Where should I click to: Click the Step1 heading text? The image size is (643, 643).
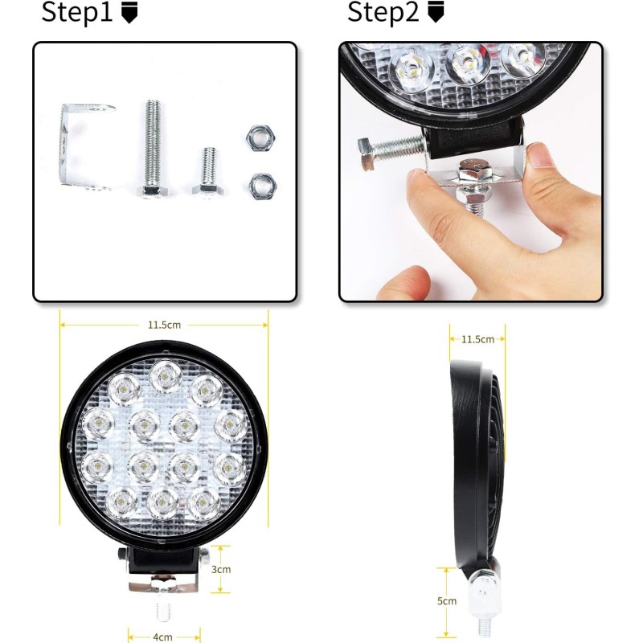(76, 12)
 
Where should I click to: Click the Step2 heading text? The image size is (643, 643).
(383, 12)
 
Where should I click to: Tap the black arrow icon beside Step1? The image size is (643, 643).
(129, 12)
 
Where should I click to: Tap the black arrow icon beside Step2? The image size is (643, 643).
(436, 12)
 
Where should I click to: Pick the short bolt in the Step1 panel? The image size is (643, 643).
(208, 171)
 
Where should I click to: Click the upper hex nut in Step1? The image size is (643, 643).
(260, 137)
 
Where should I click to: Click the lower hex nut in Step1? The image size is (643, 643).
(263, 187)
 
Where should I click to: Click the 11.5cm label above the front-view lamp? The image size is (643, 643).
(164, 326)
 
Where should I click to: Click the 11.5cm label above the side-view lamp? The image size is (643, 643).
(477, 339)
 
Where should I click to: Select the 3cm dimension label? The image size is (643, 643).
(221, 570)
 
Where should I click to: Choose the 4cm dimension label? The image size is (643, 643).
(163, 637)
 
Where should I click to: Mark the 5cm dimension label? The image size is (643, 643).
(447, 601)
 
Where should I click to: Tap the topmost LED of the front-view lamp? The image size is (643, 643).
(166, 376)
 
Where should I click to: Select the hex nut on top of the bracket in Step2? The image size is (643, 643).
(474, 172)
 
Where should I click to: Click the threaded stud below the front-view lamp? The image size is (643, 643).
(164, 611)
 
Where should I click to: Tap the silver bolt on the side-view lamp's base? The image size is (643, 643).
(484, 595)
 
